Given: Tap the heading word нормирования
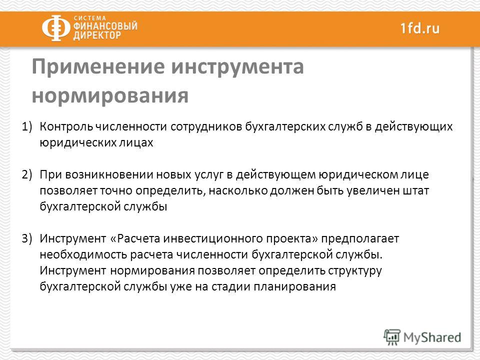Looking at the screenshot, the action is [110, 96].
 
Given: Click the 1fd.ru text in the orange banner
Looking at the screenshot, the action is [420, 28].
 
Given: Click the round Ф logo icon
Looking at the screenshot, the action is [56, 28].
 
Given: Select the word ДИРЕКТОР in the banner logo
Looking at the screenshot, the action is [97, 35].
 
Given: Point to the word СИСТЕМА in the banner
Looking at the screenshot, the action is [89, 18].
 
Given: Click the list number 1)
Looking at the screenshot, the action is [27, 126].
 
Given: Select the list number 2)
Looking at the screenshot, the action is [27, 174].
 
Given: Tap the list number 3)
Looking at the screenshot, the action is [27, 238].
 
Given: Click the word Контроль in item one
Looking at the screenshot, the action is [66, 126].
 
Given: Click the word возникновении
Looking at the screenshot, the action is [109, 174].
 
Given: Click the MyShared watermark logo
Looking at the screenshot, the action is [422, 337].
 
